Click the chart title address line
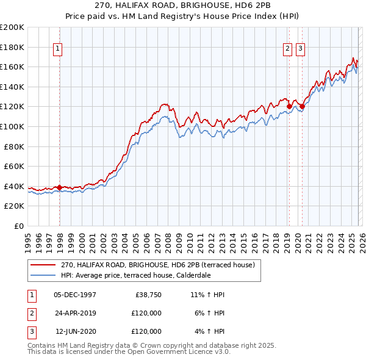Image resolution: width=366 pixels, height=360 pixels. point(183,4)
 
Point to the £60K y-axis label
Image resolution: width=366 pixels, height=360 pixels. point(14,166)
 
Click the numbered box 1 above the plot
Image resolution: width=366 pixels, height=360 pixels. point(57,49)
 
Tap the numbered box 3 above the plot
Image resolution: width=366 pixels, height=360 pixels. point(301,49)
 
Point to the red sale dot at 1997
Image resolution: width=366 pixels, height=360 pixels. point(59,187)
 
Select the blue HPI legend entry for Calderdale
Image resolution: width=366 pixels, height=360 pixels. point(135,275)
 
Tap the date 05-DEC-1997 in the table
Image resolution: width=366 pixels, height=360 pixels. point(75,295)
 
